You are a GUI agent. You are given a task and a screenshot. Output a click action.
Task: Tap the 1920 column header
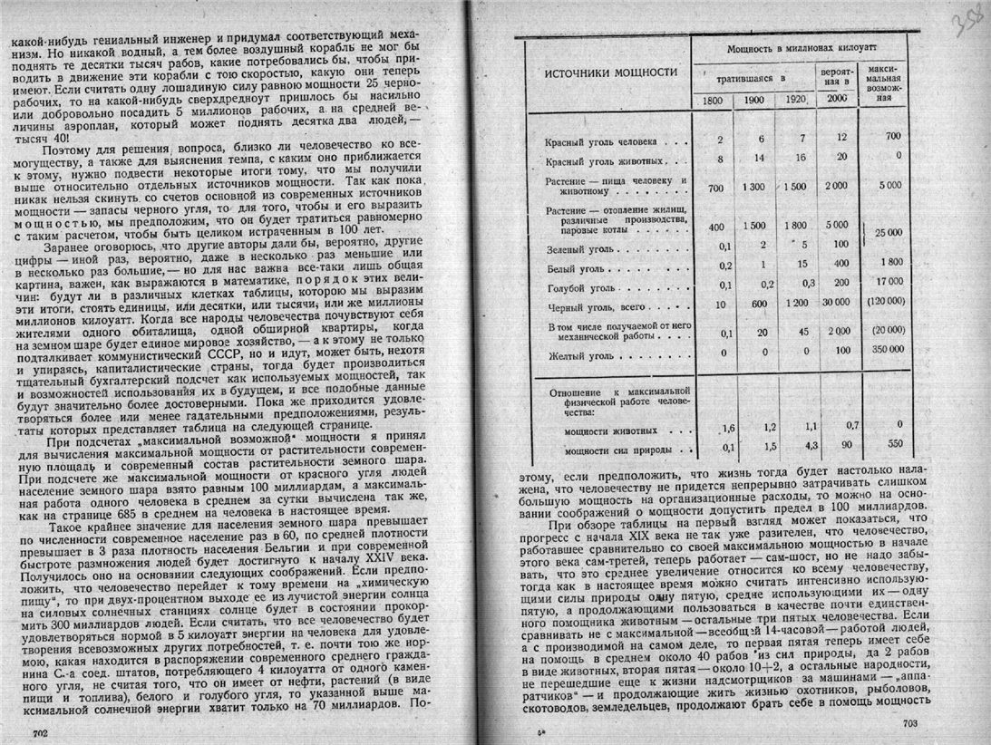coord(797,100)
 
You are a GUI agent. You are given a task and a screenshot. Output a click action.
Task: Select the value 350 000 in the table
coord(889,348)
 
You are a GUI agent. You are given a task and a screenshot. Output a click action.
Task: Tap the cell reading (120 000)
coord(889,301)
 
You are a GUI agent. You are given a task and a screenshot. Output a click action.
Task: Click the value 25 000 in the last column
coord(889,232)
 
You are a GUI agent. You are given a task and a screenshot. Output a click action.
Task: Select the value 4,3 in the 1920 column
coord(798,447)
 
